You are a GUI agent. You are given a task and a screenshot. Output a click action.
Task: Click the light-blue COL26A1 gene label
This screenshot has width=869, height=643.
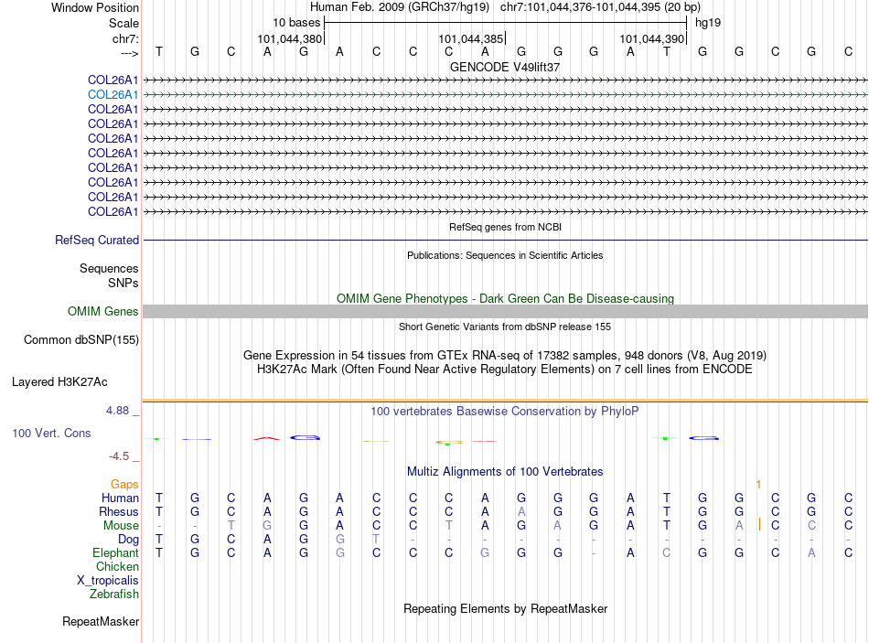tap(113, 94)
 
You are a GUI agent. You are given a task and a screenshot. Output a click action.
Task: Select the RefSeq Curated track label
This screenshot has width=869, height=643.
tap(97, 241)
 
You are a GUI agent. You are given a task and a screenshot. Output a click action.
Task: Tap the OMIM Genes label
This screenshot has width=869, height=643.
tap(103, 312)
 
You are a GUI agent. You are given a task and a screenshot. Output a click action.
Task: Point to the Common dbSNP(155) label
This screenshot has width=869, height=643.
tap(80, 340)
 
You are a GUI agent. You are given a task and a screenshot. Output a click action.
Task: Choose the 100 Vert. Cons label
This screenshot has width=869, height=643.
tap(51, 433)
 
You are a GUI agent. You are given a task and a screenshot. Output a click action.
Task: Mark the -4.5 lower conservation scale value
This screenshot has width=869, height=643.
tap(119, 455)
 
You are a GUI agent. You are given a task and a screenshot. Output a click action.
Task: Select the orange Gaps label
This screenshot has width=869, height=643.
tap(124, 484)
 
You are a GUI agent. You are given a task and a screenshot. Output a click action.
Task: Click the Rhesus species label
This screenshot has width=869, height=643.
tap(120, 511)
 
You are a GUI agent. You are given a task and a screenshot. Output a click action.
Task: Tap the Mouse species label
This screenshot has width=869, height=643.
tap(121, 525)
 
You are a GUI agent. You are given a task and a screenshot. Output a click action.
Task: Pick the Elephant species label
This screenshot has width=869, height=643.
tap(115, 553)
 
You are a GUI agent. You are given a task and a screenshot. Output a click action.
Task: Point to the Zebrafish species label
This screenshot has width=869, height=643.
tap(114, 595)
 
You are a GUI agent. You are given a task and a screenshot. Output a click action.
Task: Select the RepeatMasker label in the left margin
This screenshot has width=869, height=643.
tap(101, 622)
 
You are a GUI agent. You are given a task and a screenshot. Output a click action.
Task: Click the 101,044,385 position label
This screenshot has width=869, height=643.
tap(471, 39)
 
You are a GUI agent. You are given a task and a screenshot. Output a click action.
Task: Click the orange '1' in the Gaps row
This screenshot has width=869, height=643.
tap(758, 484)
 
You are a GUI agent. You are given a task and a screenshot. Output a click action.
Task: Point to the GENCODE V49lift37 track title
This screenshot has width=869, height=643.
tap(505, 67)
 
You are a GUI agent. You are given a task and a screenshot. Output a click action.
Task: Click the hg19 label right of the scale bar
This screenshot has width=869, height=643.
tap(708, 22)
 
